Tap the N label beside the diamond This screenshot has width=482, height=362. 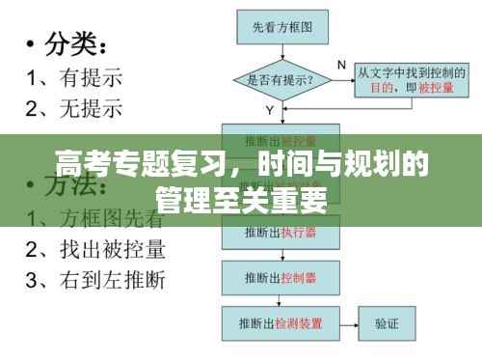click(x=341, y=65)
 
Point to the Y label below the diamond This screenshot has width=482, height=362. click(x=269, y=111)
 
